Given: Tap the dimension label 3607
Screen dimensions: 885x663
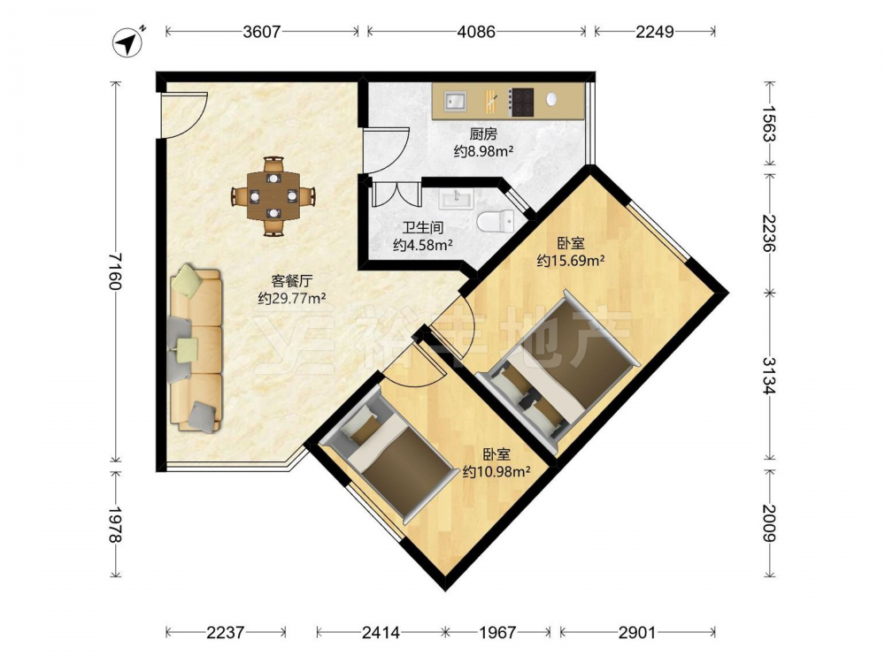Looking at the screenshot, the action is click(x=261, y=32).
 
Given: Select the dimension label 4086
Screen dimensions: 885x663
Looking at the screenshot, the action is click(x=476, y=32).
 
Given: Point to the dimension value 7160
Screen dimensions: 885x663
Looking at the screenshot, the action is click(x=115, y=271).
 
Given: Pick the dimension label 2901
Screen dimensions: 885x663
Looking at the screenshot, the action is click(x=636, y=633).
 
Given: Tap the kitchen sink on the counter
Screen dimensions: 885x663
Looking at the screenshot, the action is click(x=455, y=101).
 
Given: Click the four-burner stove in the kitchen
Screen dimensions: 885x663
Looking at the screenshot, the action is click(x=521, y=102).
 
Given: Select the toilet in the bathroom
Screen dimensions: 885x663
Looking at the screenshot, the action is click(x=496, y=220).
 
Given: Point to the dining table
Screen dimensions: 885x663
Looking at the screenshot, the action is click(x=273, y=195).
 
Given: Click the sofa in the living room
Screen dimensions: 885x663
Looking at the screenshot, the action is click(x=194, y=350).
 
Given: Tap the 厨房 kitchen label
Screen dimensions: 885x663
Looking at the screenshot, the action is click(x=483, y=134).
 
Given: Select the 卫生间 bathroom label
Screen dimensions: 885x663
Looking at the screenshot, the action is click(x=422, y=228).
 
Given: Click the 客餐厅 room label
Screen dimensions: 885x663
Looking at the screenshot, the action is click(x=292, y=281).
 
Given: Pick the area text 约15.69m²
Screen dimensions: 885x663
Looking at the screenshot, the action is click(x=571, y=261).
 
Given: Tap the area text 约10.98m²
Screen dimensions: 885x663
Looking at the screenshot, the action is click(x=496, y=471).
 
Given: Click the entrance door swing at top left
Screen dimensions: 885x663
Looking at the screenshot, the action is click(x=183, y=114).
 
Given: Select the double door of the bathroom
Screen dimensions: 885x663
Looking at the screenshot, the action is click(x=396, y=194).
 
